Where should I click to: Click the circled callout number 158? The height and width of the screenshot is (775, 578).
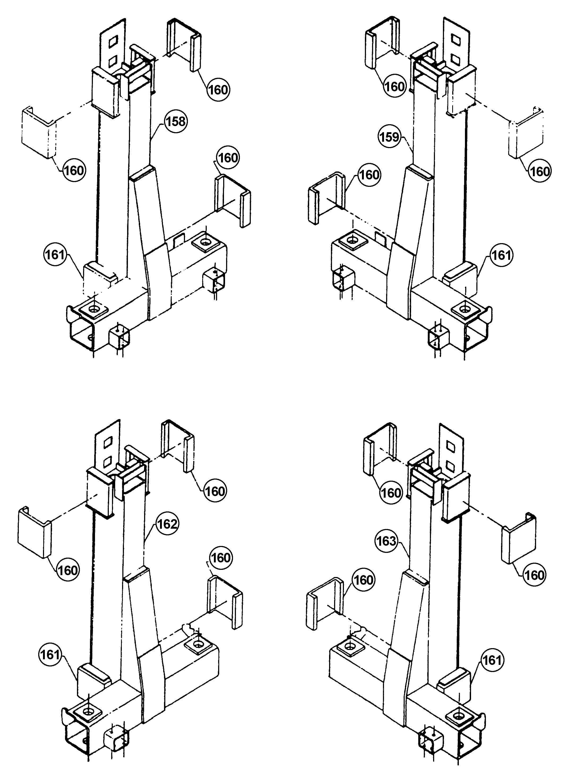[175, 122]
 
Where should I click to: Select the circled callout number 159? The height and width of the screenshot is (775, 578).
[389, 137]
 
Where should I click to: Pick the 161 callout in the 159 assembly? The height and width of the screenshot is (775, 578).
[501, 255]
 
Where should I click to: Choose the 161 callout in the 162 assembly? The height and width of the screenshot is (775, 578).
[50, 654]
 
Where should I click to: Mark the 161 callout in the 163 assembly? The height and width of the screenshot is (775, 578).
[492, 660]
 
